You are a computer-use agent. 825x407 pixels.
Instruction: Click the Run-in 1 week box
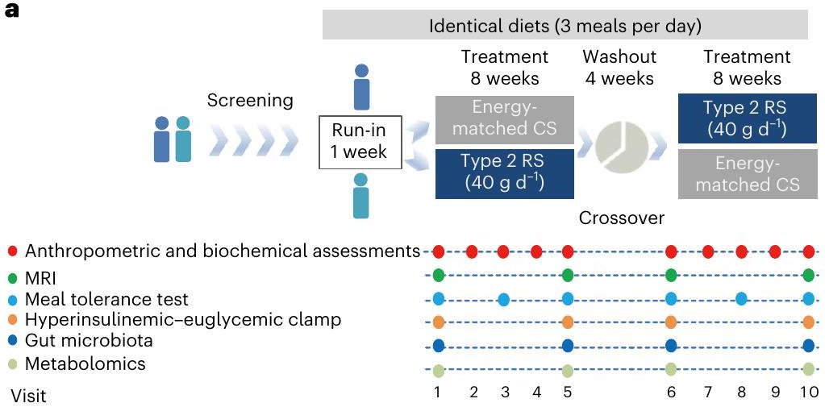[360, 141]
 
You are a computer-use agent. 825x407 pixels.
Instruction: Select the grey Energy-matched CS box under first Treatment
[505, 119]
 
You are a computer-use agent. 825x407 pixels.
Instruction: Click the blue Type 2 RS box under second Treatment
[746, 118]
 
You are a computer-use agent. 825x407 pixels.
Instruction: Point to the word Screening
[250, 101]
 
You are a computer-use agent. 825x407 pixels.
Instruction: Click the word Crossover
[621, 218]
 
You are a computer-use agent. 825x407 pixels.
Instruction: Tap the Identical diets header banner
[565, 25]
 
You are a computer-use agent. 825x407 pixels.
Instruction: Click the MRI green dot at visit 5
[568, 276]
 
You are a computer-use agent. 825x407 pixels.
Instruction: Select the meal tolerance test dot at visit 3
[503, 300]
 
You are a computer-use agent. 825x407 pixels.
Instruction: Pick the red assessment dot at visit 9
[775, 252]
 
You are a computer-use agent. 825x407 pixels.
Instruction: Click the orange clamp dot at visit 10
[809, 322]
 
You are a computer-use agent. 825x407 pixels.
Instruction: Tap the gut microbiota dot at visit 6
[671, 346]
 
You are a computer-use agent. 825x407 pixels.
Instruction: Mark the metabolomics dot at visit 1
[439, 371]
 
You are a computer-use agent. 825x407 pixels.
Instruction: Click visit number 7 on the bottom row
[707, 393]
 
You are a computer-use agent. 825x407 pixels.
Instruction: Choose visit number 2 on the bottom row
[473, 393]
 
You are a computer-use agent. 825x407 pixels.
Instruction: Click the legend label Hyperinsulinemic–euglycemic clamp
[182, 320]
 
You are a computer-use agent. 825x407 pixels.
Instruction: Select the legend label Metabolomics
[85, 363]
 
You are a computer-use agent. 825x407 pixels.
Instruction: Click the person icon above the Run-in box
[362, 88]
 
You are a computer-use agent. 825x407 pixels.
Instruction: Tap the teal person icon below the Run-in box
[360, 196]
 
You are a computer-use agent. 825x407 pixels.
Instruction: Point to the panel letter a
[10, 12]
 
